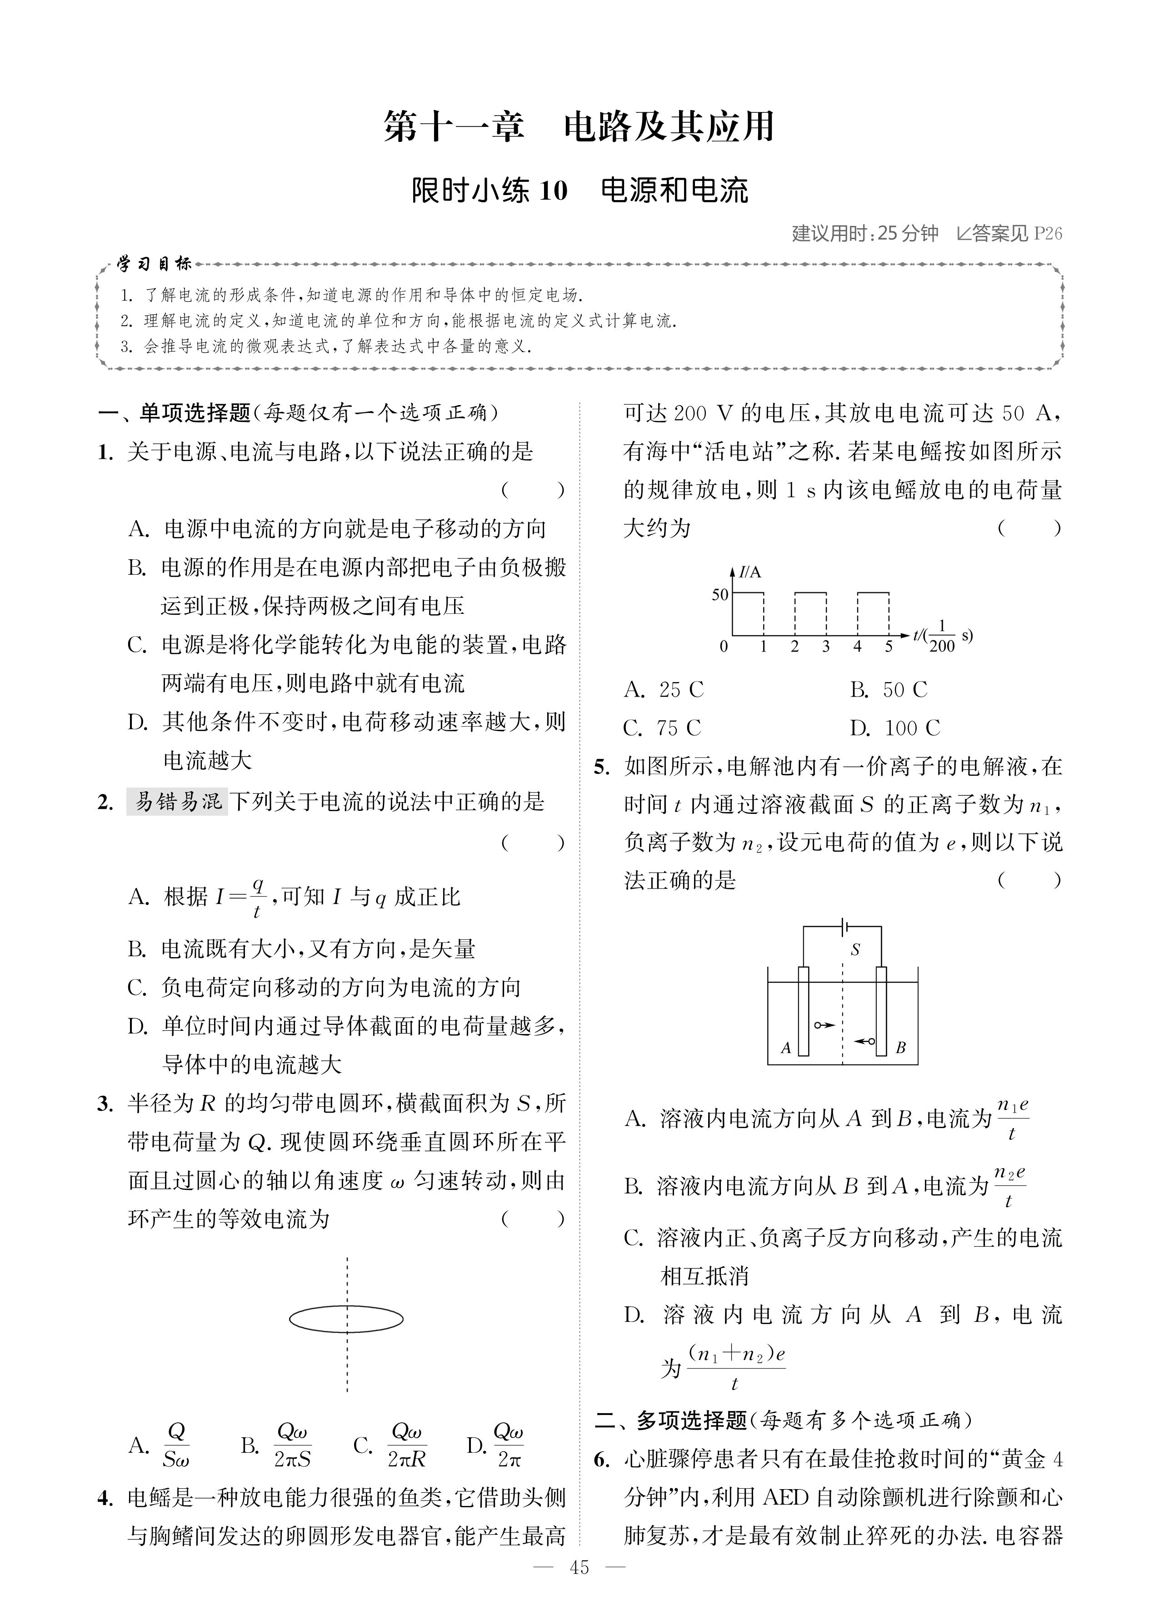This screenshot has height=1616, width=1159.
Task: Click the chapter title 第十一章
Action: (x=454, y=127)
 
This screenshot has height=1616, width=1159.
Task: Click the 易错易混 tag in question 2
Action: (x=177, y=802)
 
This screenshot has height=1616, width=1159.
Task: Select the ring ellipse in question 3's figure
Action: (x=346, y=1318)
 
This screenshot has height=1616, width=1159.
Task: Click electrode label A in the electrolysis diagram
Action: (x=786, y=1048)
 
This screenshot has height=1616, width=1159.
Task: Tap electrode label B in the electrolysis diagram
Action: (x=900, y=1048)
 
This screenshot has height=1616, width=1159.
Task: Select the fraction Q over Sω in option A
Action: (x=175, y=1445)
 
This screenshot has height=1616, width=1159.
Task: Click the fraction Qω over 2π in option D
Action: (x=509, y=1445)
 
